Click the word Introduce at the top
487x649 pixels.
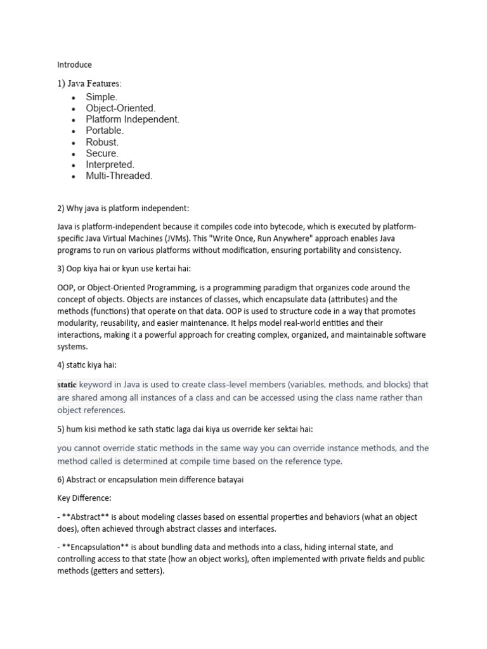pyautogui.click(x=74, y=65)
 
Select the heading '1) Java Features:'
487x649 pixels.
pyautogui.click(x=91, y=83)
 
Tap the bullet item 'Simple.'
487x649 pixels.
pyautogui.click(x=101, y=97)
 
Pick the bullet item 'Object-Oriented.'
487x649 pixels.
pyautogui.click(x=120, y=108)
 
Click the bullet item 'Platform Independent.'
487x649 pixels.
pyautogui.click(x=133, y=119)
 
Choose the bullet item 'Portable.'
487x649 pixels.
pyautogui.click(x=105, y=131)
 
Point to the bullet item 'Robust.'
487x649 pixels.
pyautogui.click(x=102, y=142)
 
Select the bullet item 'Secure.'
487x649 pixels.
pyautogui.click(x=102, y=153)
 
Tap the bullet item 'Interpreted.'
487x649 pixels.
pyautogui.click(x=110, y=165)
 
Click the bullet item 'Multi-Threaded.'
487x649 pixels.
pyautogui.click(x=119, y=176)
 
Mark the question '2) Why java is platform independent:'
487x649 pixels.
pyautogui.click(x=123, y=208)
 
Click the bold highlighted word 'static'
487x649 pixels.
pyautogui.click(x=67, y=385)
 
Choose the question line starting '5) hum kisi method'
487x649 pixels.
pyautogui.click(x=185, y=429)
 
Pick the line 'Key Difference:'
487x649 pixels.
pyautogui.click(x=84, y=499)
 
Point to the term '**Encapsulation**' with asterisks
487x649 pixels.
pyautogui.click(x=96, y=547)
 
